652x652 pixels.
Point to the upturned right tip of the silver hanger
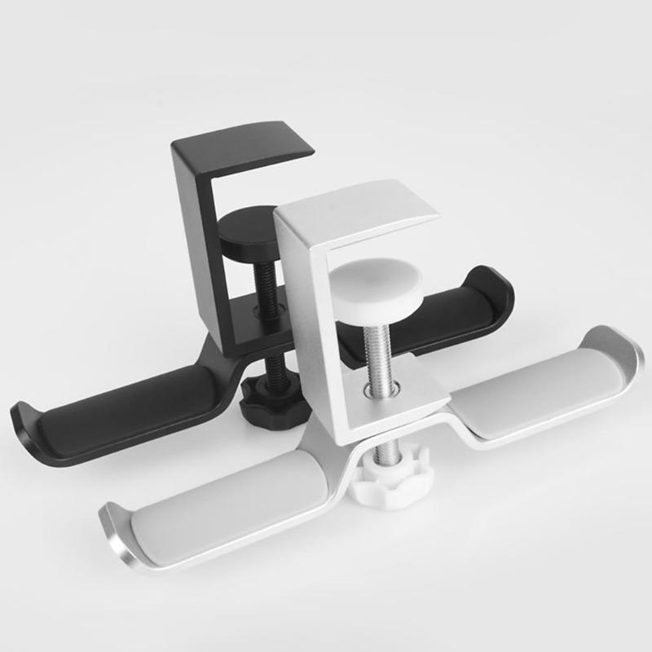click(628, 350)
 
